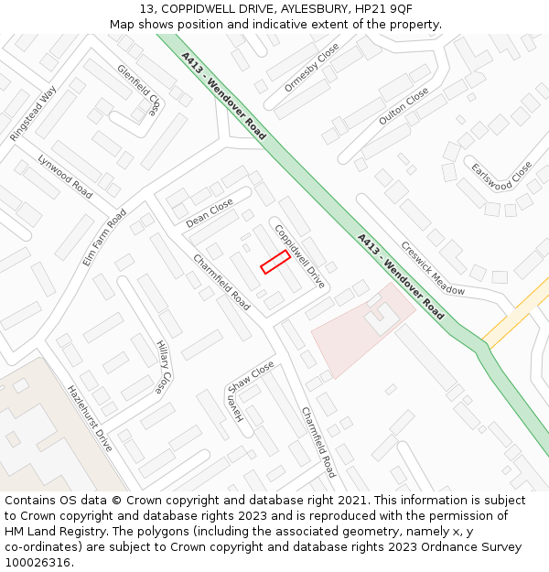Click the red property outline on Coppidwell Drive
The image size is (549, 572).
(275, 263)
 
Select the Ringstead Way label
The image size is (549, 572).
(33, 113)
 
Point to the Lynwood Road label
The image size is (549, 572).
(65, 176)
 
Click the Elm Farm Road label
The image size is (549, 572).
(104, 238)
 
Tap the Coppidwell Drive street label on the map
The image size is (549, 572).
(300, 256)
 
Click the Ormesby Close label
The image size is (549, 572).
(312, 67)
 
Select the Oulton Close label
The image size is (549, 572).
(404, 107)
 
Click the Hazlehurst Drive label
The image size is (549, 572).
(90, 418)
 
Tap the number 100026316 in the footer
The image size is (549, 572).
(38, 562)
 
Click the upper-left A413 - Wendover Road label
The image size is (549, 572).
(223, 96)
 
